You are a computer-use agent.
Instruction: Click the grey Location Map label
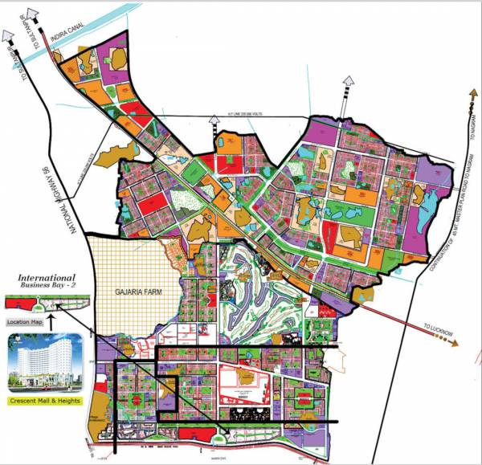24,322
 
